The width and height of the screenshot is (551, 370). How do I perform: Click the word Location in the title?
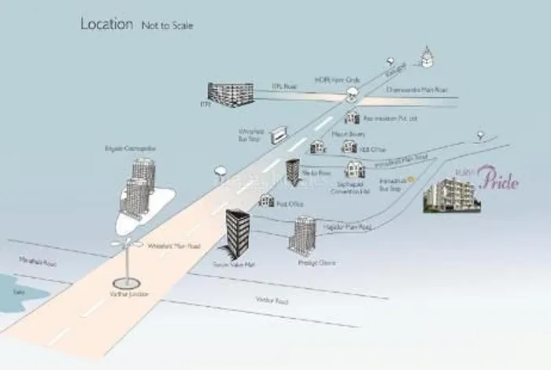pyautogui.click(x=106, y=24)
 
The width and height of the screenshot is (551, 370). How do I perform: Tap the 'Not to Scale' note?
pyautogui.click(x=167, y=26)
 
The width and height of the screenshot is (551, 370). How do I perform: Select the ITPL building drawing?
pyautogui.click(x=230, y=94)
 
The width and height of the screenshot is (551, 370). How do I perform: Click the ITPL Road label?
pyautogui.click(x=272, y=87)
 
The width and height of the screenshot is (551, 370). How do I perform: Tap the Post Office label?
pyautogui.click(x=289, y=203)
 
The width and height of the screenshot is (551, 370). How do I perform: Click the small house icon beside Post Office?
pyautogui.click(x=267, y=201)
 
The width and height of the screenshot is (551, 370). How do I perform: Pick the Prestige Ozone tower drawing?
pyautogui.click(x=302, y=235)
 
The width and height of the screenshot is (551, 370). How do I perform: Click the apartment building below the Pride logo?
pyautogui.click(x=449, y=195)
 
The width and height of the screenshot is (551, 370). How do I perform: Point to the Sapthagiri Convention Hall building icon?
pyautogui.click(x=355, y=169)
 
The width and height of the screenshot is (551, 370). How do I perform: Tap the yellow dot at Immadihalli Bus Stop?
pyautogui.click(x=410, y=179)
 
